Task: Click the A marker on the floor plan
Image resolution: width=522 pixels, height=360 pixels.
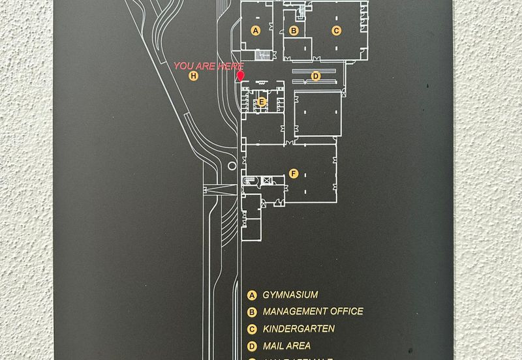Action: point(256,30)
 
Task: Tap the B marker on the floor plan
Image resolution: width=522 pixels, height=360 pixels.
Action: point(294,30)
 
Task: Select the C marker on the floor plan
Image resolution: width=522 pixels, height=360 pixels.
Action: point(336,30)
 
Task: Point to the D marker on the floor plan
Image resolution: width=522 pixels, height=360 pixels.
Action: point(316,76)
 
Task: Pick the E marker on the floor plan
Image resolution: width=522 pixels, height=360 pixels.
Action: point(262,101)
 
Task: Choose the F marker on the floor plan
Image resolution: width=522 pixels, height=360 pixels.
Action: point(294,173)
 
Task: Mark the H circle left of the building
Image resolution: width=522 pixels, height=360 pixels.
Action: point(193,76)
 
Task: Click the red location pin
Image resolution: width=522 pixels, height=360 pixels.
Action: point(240,76)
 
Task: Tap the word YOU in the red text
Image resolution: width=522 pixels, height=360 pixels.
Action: point(184,66)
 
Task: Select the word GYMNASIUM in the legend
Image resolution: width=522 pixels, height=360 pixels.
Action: point(290,295)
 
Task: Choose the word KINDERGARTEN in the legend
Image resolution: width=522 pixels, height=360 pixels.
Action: point(298,329)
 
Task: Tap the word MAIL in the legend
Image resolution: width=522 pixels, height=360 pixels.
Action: point(273,346)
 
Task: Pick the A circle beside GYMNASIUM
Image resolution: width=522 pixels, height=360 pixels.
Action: point(251,295)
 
